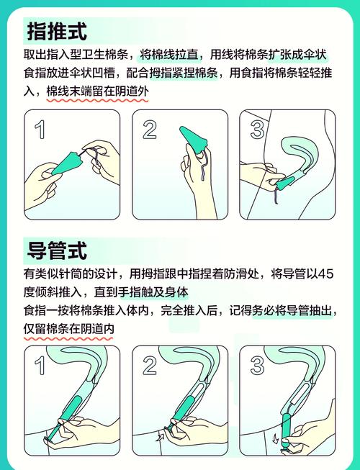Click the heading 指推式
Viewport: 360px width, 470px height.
click(57, 31)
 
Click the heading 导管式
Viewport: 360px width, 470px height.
click(57, 250)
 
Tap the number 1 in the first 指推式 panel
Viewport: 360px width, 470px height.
click(40, 130)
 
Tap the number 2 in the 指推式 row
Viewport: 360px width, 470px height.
click(150, 130)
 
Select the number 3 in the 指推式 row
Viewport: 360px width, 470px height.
click(257, 130)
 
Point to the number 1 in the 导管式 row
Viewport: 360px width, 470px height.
click(40, 366)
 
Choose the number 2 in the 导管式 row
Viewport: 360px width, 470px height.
click(150, 366)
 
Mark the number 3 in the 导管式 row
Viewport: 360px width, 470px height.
click(257, 366)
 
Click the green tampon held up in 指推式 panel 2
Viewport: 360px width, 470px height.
click(193, 140)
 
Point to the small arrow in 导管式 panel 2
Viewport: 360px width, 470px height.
click(160, 436)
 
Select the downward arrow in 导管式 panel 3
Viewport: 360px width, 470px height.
click(275, 439)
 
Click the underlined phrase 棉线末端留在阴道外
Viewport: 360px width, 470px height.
click(97, 91)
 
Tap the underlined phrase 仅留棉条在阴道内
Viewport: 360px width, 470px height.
click(68, 329)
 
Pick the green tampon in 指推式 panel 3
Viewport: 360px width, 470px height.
click(287, 183)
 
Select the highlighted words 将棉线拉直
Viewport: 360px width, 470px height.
click(169, 55)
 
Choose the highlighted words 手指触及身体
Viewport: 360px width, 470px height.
click(153, 292)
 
